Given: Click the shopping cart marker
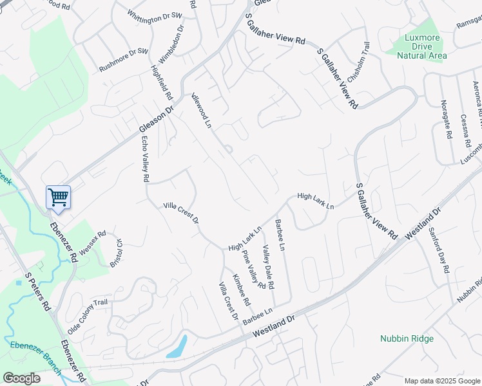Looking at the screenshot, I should (58, 196).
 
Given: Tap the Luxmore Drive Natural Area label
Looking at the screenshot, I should (421, 46).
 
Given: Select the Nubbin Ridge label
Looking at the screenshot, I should (407, 338).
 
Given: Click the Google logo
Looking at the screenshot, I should (21, 378).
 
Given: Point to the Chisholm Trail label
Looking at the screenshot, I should (359, 59).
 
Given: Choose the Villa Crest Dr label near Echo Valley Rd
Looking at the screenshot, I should (180, 213).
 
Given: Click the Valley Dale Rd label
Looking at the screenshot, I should (268, 267).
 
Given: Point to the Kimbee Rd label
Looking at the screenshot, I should (242, 289).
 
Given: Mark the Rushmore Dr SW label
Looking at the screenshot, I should (124, 60).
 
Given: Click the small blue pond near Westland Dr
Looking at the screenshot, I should (177, 347).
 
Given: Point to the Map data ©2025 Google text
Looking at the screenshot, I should (442, 381).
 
